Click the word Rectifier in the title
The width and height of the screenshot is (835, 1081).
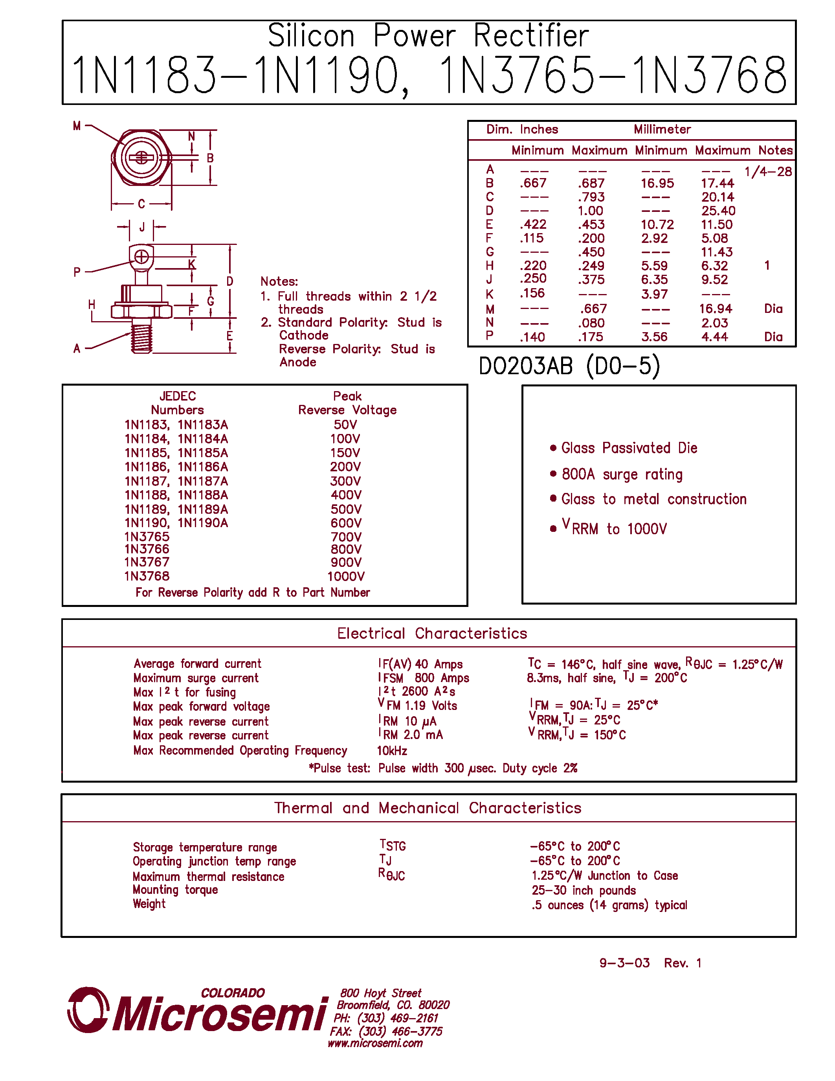531,36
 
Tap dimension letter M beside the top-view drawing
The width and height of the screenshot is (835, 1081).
77,126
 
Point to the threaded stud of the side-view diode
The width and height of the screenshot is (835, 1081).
142,336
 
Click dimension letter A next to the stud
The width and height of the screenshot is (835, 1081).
77,348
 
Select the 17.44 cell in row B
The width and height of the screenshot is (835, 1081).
717,183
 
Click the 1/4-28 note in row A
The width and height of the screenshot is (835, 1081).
768,172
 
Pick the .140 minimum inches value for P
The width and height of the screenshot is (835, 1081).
532,337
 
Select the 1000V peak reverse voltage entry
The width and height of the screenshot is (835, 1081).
346,577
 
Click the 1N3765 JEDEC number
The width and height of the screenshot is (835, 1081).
147,537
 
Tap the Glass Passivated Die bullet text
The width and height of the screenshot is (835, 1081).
629,448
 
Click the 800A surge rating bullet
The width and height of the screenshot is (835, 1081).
622,474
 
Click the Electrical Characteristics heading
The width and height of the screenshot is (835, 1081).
432,634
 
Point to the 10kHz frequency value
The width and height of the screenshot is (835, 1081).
392,751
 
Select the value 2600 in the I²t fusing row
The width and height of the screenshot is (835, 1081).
415,691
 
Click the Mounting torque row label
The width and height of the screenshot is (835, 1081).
175,890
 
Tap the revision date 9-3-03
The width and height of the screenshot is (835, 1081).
624,963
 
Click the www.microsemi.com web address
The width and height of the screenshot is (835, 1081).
375,1043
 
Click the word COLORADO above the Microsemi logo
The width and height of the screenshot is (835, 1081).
233,993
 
